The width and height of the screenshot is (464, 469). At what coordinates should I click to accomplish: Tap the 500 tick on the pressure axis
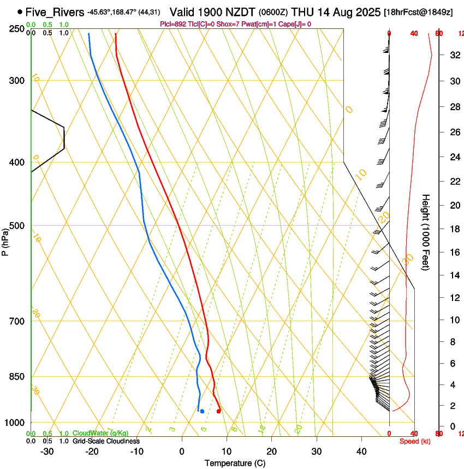point(19,226)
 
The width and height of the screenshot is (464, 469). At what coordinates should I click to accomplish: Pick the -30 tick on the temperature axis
point(47,452)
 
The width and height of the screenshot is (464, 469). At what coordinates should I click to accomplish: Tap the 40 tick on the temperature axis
point(361,452)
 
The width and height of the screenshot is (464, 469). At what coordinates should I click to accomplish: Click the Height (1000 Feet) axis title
point(426,232)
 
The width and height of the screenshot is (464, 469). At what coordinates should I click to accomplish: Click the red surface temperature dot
point(218,411)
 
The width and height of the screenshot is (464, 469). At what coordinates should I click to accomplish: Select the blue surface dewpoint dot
point(202,411)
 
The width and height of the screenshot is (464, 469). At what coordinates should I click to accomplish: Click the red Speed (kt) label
point(414,441)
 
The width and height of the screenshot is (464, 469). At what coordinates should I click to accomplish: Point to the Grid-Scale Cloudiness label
point(106,441)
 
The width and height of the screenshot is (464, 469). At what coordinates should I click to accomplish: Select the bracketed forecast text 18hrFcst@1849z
point(418,12)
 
